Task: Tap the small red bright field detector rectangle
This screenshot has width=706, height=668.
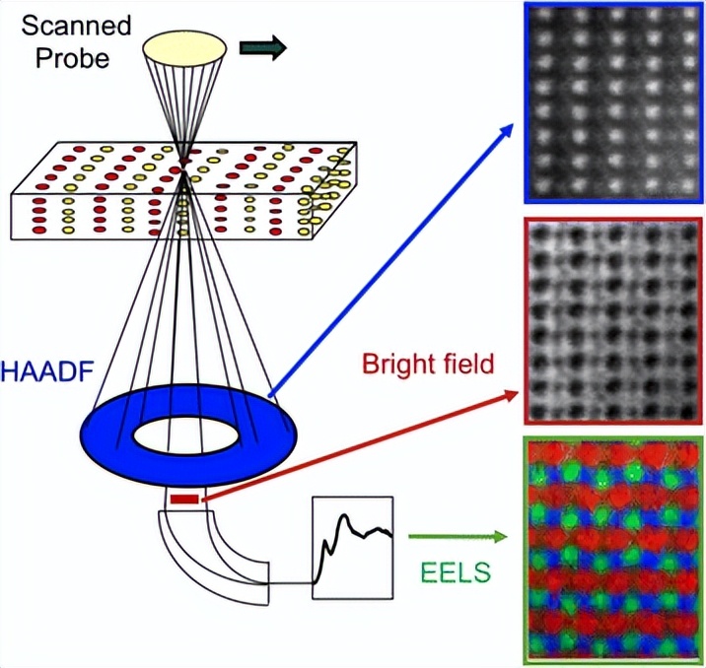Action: pyautogui.click(x=183, y=501)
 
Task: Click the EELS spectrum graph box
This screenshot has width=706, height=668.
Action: pyautogui.click(x=352, y=546)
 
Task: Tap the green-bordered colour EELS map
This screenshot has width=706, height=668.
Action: pyautogui.click(x=612, y=548)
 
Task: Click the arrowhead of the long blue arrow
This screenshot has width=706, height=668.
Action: pyautogui.click(x=509, y=127)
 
